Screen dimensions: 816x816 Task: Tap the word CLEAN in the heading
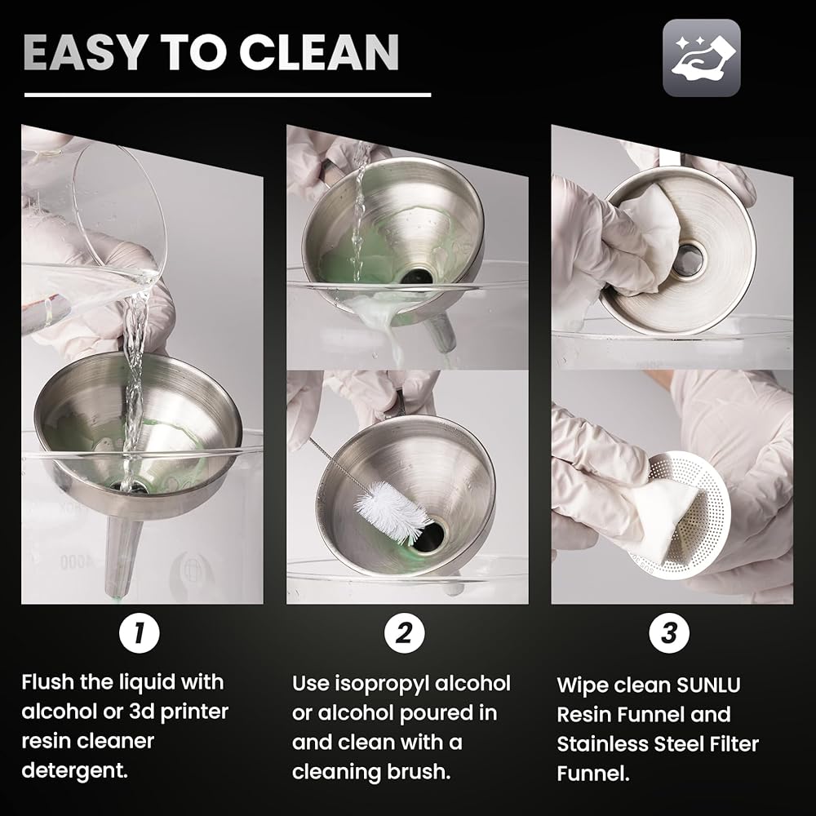tap(319, 52)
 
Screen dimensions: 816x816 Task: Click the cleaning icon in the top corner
tap(702, 58)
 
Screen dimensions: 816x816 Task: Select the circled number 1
tap(139, 633)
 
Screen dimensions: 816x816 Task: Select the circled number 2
tap(405, 633)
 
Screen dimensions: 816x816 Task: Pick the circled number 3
tap(669, 633)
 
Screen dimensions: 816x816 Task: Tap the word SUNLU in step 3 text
tap(707, 685)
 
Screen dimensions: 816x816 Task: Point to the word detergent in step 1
tap(75, 771)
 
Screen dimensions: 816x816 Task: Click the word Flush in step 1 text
tap(47, 681)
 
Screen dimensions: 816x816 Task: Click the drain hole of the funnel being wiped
tap(688, 258)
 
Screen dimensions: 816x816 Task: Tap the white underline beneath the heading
tap(228, 95)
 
